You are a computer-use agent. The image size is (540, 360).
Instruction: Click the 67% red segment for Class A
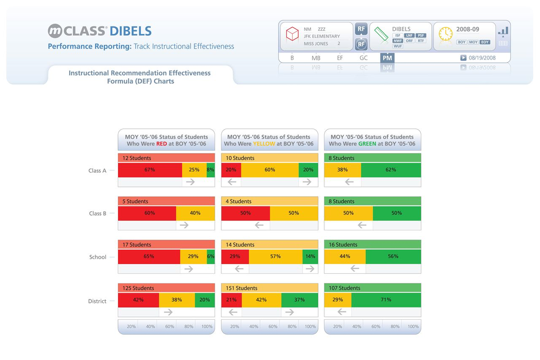coord(150,170)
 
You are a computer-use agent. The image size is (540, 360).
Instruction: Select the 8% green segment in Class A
coord(210,170)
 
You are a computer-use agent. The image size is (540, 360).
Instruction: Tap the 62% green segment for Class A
coord(391,170)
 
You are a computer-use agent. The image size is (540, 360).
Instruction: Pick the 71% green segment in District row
coord(386,300)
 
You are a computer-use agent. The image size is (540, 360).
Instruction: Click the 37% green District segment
coord(299,300)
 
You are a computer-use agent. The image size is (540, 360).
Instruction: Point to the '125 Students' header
coord(138,288)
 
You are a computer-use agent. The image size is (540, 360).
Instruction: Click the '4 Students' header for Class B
coord(238,201)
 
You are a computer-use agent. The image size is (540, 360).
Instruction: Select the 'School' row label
coord(97,257)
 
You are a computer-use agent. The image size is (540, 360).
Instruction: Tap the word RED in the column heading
coord(161,144)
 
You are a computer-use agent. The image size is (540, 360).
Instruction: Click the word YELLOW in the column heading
coord(264,144)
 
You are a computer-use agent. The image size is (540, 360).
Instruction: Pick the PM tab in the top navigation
coord(387,58)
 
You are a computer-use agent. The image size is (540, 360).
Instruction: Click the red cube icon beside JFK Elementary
coord(292,35)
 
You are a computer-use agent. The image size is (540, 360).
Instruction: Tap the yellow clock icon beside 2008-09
coord(445,34)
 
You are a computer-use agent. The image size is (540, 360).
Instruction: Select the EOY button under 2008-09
coord(485,42)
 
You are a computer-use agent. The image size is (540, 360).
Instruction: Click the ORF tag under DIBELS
coord(409,41)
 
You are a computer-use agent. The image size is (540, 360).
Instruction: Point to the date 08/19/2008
coord(482,58)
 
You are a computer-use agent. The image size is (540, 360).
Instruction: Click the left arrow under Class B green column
coord(362,225)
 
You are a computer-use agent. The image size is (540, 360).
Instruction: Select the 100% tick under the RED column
coord(207,326)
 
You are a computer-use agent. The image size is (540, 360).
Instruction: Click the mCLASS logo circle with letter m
coord(55,31)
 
